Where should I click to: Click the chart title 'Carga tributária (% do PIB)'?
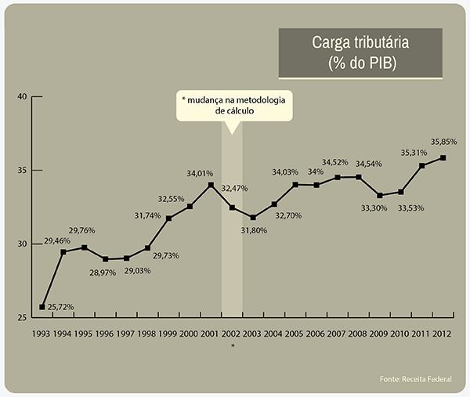click(360, 52)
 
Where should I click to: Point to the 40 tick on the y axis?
click(22, 96)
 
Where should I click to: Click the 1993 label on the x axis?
click(42, 335)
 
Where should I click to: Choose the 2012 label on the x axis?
click(443, 335)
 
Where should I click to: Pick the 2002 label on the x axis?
click(232, 335)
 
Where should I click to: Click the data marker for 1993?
click(42, 306)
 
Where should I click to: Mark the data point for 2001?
click(211, 185)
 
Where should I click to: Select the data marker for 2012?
click(443, 157)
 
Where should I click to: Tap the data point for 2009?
click(379, 195)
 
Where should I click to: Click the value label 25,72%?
click(60, 307)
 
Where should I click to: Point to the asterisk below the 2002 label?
click(232, 345)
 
